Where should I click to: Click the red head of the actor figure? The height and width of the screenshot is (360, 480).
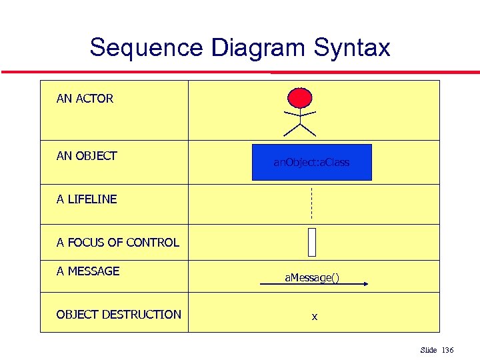click(299, 98)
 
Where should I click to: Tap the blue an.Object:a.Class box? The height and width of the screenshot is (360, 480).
click(311, 162)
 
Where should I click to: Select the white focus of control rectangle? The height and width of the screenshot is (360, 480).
click(311, 242)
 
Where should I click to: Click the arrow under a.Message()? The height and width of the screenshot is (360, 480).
click(313, 284)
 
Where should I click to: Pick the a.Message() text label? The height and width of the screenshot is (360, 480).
click(311, 277)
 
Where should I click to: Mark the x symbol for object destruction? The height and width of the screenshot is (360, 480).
click(314, 317)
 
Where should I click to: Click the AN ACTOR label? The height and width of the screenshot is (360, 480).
click(85, 99)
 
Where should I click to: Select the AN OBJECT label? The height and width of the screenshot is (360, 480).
click(87, 156)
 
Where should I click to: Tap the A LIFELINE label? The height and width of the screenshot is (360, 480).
click(87, 199)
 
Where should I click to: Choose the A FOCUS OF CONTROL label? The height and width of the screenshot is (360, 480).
click(118, 243)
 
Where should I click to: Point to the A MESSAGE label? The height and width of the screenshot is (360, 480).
click(88, 271)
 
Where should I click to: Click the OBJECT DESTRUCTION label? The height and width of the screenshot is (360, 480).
click(119, 314)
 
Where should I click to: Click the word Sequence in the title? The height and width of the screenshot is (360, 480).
click(146, 48)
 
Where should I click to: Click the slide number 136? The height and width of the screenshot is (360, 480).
click(447, 350)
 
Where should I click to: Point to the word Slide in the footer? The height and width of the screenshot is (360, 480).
click(428, 350)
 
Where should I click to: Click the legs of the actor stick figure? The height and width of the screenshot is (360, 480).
click(300, 129)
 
